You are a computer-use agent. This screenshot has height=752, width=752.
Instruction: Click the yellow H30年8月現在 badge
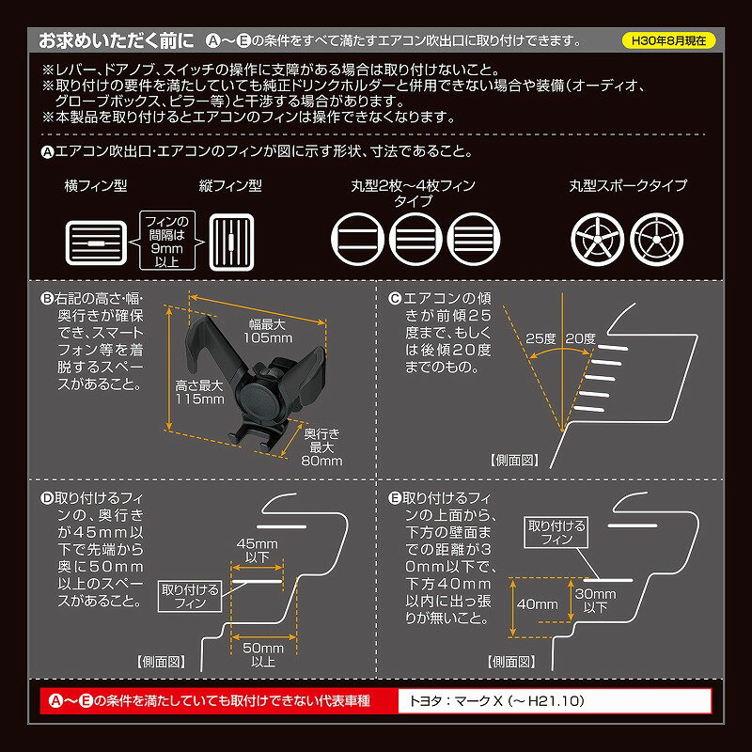[x=668, y=40]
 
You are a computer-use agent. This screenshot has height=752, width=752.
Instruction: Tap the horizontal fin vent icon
[x=96, y=243]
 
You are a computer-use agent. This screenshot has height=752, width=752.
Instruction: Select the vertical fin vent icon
[x=231, y=242]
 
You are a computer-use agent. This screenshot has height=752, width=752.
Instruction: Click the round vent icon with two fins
[x=357, y=239]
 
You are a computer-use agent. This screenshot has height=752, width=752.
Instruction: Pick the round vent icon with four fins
[x=474, y=239]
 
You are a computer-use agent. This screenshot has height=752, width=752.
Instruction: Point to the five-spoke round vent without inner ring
[x=597, y=240]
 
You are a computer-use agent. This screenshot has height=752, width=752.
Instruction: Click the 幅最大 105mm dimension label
[x=268, y=331]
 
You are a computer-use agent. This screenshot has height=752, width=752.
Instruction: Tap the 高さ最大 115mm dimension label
[x=199, y=392]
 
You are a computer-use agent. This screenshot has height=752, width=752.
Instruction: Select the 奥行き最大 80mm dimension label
[x=321, y=447]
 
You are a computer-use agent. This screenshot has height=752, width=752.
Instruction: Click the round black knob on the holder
[x=259, y=399]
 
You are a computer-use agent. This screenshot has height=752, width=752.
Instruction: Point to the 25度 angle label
[x=540, y=338]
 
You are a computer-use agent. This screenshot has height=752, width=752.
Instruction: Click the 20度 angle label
[x=580, y=338]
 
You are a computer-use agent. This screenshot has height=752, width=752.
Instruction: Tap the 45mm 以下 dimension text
[x=257, y=550]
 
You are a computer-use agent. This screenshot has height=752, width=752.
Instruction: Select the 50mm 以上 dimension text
[x=263, y=654]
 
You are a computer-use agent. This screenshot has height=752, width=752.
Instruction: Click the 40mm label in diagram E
[x=537, y=603]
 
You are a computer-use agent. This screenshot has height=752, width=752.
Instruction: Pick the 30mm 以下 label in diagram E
[x=595, y=600]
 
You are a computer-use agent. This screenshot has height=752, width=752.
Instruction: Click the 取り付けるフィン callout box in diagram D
[x=190, y=596]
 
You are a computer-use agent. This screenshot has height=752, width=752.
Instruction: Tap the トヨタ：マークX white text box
[x=555, y=701]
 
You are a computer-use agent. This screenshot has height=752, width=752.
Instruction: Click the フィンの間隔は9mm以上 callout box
[x=167, y=241]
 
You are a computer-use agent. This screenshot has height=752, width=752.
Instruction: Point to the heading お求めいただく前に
[x=117, y=40]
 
